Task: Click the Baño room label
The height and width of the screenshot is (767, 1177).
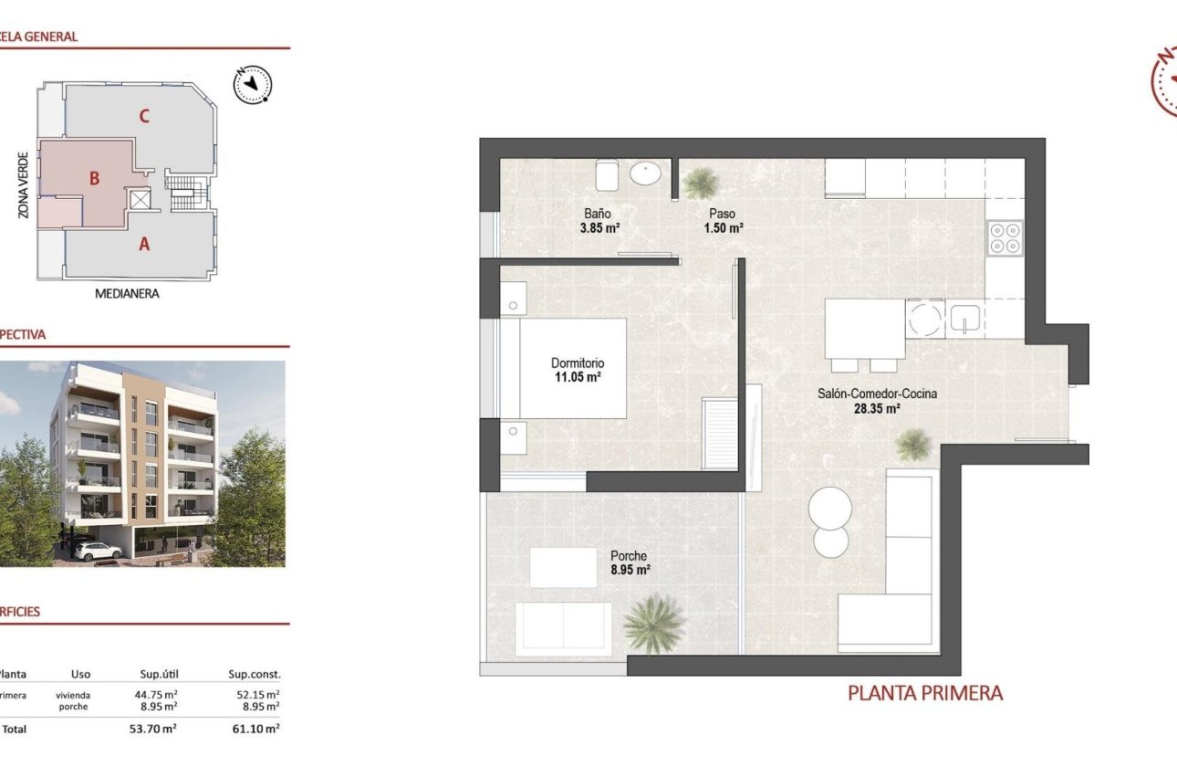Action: click(x=598, y=214)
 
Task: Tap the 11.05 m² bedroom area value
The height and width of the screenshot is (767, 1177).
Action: click(x=577, y=376)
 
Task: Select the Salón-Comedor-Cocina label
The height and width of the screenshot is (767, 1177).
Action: click(x=877, y=394)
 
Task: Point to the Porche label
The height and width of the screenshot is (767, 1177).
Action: click(x=629, y=555)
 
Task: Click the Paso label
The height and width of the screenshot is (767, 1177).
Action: click(x=723, y=214)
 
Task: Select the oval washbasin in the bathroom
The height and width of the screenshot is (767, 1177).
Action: click(x=648, y=173)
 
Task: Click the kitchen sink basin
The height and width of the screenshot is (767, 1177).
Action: click(x=964, y=318)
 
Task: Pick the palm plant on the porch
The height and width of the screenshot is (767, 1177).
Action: click(x=654, y=623)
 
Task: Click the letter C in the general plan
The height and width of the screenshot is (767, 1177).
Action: click(x=144, y=116)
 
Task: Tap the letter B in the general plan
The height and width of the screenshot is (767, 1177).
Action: click(x=94, y=179)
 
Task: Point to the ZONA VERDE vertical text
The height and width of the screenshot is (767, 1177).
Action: click(x=25, y=184)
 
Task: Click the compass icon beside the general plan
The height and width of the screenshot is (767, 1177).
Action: click(x=253, y=84)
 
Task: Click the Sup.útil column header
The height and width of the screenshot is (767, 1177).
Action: click(x=157, y=675)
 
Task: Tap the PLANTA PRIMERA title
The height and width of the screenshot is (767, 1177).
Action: click(x=924, y=693)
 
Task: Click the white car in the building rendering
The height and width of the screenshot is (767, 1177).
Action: click(x=98, y=551)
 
